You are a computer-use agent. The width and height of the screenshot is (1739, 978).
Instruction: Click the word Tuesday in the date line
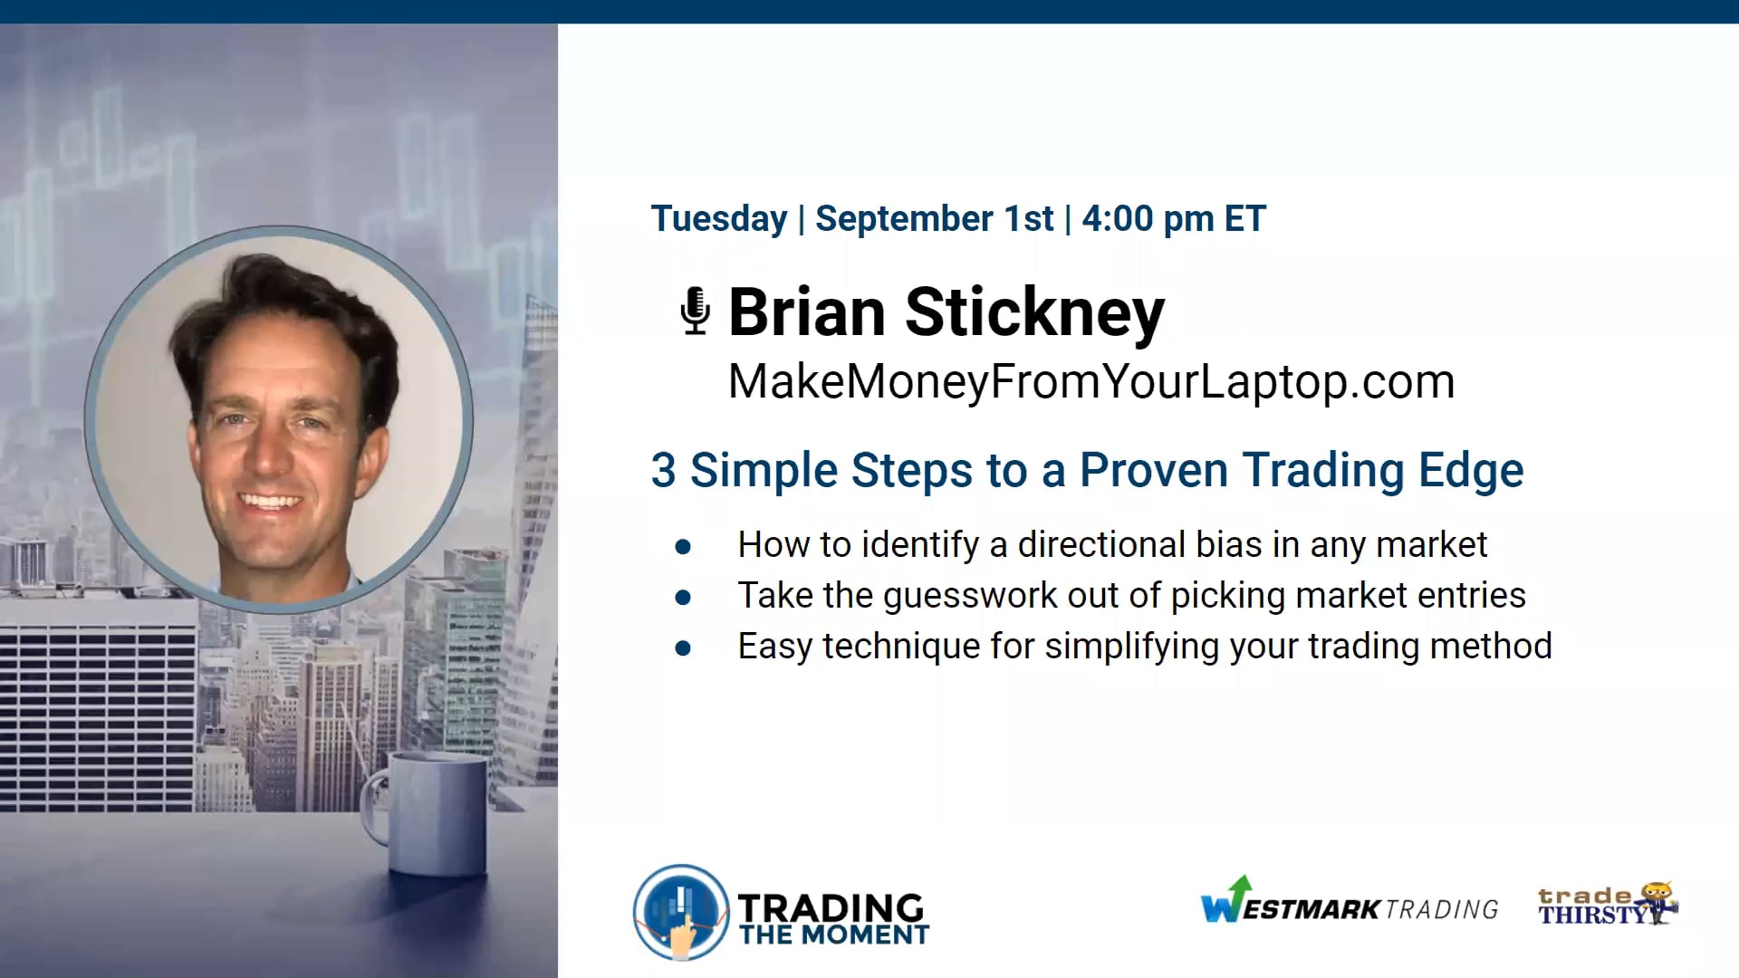(719, 219)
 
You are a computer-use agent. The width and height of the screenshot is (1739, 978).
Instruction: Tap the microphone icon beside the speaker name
(695, 311)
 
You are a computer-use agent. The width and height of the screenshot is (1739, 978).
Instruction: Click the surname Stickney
(1034, 312)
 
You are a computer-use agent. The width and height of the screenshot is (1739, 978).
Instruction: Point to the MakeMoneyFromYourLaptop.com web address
(1090, 381)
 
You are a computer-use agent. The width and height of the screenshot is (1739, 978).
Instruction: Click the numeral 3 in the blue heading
(663, 471)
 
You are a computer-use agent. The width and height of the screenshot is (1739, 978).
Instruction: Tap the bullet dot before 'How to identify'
(683, 546)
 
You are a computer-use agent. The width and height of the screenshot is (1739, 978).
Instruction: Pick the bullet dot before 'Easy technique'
(683, 647)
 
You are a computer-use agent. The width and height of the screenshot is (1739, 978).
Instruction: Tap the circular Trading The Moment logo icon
(681, 912)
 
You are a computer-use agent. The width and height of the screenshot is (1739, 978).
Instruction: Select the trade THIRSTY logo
(1607, 905)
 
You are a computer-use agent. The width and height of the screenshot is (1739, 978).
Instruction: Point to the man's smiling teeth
(269, 501)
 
